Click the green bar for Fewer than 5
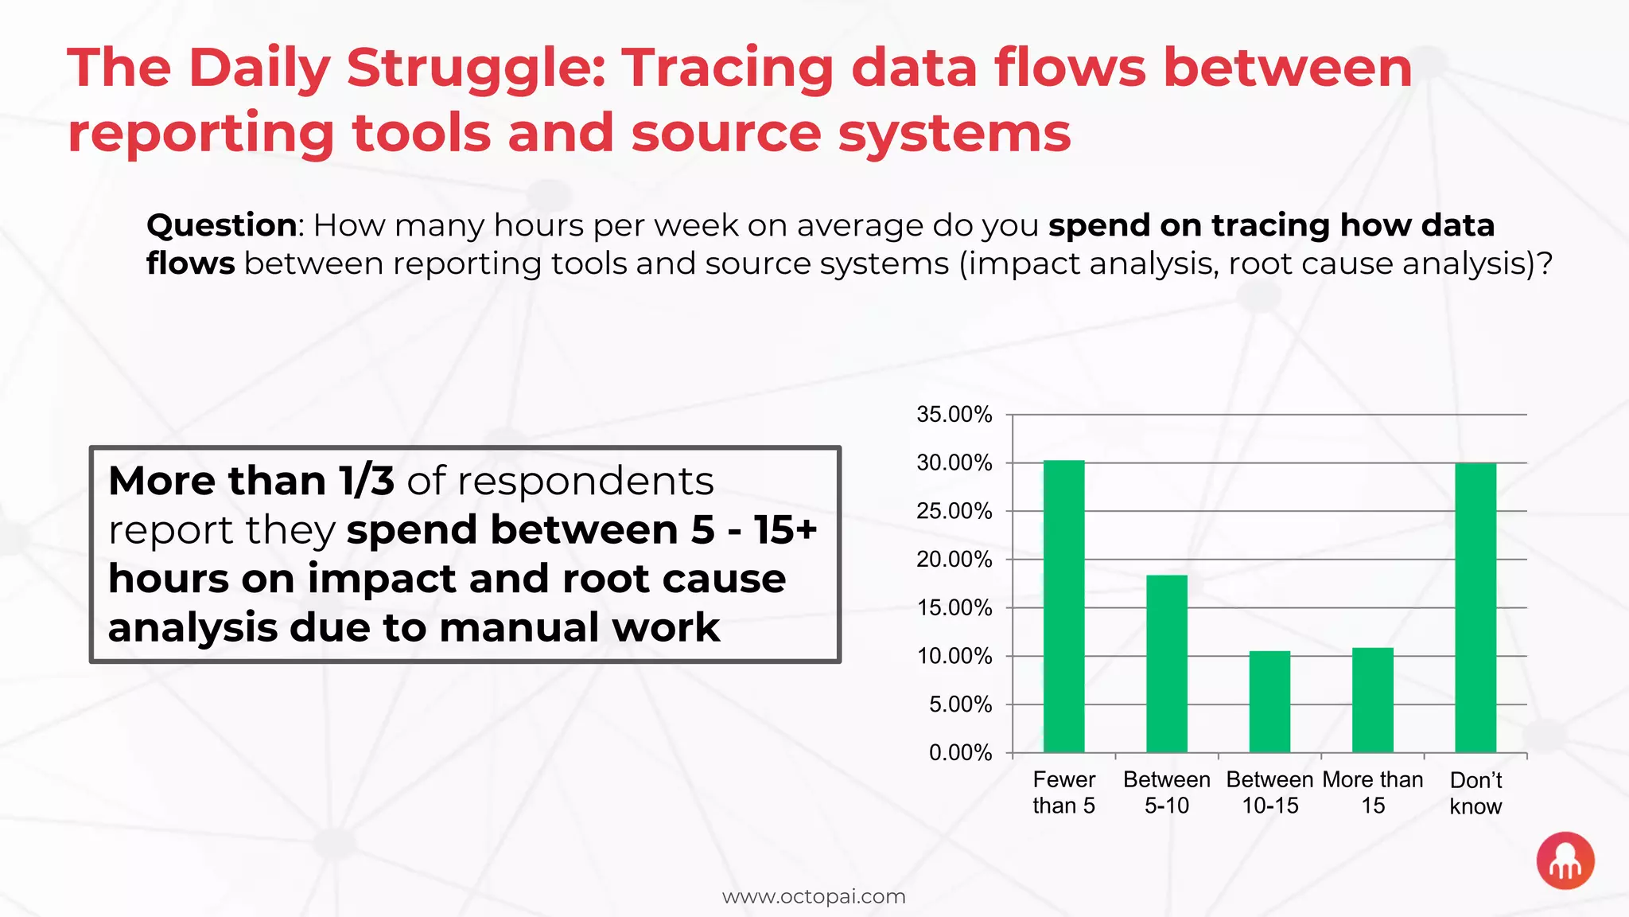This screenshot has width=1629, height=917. click(x=1063, y=607)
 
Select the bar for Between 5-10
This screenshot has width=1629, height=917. click(x=1166, y=664)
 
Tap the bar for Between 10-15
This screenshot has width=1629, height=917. click(x=1269, y=701)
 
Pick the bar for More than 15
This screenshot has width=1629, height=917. click(x=1372, y=700)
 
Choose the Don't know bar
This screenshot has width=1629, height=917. click(x=1475, y=607)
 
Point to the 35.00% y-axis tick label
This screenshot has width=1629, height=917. click(x=954, y=415)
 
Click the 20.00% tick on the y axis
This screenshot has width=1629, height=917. click(x=954, y=560)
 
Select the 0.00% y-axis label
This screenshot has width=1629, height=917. click(x=960, y=753)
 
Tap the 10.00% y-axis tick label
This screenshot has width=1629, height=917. click(x=954, y=657)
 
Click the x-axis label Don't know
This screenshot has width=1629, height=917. click(x=1475, y=793)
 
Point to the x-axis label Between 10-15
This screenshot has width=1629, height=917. click(x=1269, y=793)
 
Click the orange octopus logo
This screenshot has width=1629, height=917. click(x=1565, y=860)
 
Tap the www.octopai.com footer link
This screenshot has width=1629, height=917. click(x=814, y=896)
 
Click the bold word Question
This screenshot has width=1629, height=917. click(x=222, y=225)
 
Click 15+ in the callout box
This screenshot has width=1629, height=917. click(x=786, y=530)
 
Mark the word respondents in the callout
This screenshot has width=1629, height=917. click(x=585, y=481)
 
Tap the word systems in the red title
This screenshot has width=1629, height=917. click(x=954, y=133)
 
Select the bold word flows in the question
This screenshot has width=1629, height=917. click(x=190, y=263)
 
